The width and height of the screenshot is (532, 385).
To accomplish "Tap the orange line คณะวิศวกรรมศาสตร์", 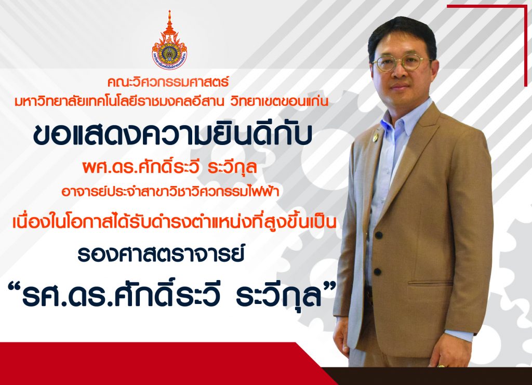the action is [x=168, y=82].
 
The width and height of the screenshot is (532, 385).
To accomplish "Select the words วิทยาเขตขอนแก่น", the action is [x=279, y=101].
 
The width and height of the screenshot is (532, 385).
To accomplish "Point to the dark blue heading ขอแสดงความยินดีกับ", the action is [x=172, y=135].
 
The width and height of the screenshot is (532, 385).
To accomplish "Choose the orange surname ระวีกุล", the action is [x=232, y=168].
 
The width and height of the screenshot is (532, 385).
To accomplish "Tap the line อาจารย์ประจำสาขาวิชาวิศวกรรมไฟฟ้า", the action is [x=170, y=191].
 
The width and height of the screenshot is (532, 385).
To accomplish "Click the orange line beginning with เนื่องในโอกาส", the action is [x=175, y=222].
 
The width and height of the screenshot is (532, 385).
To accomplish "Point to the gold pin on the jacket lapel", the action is [x=375, y=138].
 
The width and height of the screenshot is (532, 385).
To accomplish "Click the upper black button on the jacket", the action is [x=379, y=235].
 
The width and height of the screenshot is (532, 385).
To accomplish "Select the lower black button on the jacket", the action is [x=377, y=272].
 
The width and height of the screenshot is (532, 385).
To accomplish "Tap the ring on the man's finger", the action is [x=441, y=366].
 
